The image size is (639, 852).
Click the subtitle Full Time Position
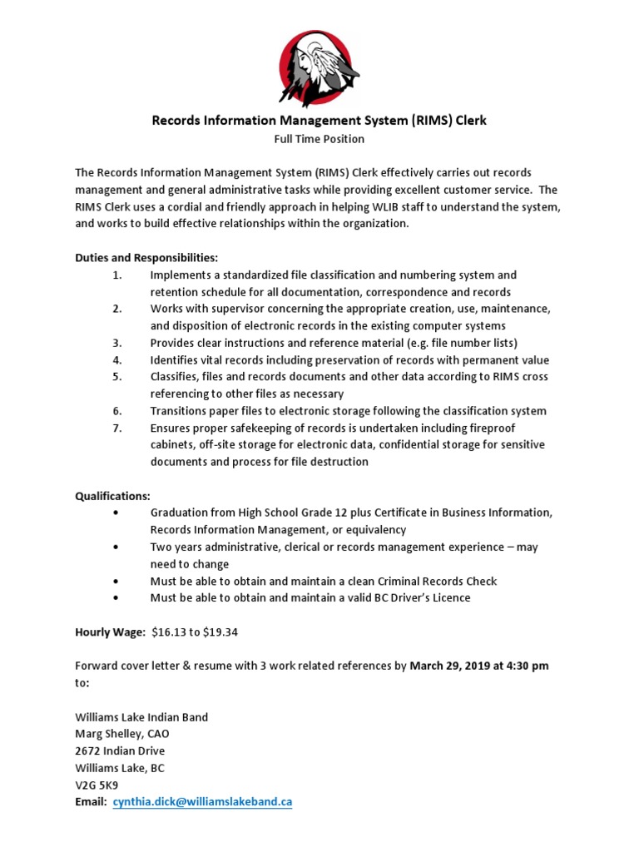pos(319,139)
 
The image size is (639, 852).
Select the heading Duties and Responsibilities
pos(146,258)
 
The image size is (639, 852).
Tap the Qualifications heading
pos(112,496)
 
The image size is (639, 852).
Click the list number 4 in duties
pos(117,360)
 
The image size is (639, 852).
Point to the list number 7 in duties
pos(117,428)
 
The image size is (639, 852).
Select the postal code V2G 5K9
pos(97,785)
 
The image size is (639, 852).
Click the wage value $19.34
pos(220,632)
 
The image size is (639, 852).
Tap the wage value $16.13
pos(171,632)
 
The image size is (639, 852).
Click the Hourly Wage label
pos(110,632)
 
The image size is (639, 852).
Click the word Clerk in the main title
pos(470,120)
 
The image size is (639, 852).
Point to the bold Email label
pos(91,802)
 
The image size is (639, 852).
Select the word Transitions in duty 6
pos(179,411)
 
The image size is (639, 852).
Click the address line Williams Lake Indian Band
pos(141,716)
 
